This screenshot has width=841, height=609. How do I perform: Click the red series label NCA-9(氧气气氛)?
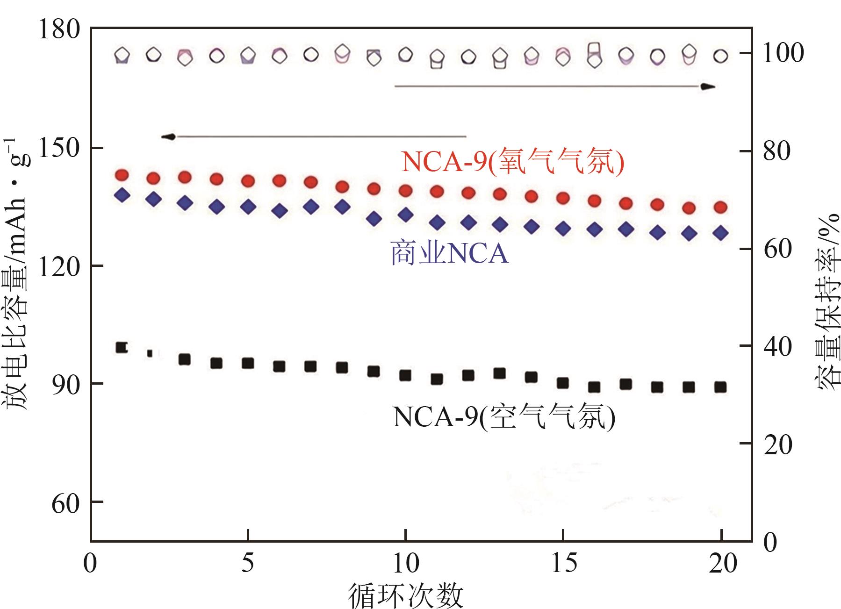click(x=513, y=162)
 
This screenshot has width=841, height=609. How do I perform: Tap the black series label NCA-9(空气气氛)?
click(x=503, y=417)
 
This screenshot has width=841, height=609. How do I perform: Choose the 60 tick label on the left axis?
click(x=65, y=503)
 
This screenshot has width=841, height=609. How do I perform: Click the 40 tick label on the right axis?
click(x=777, y=346)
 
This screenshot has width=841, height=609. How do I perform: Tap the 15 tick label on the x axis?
click(x=563, y=563)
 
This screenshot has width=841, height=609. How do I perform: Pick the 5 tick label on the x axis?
click(x=248, y=563)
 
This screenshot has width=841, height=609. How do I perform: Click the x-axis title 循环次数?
click(x=405, y=595)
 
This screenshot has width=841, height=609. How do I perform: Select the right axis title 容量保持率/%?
click(x=827, y=299)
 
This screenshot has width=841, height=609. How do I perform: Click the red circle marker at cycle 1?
click(x=122, y=175)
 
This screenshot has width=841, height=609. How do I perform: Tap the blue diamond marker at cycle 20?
click(x=721, y=233)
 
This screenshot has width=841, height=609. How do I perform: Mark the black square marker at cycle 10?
click(x=405, y=375)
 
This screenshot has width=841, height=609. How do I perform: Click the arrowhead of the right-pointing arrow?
click(x=708, y=86)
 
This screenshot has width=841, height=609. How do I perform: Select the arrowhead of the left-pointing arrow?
click(x=168, y=136)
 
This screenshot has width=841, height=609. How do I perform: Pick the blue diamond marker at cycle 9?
click(x=374, y=218)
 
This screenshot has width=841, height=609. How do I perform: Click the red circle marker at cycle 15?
click(x=563, y=198)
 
